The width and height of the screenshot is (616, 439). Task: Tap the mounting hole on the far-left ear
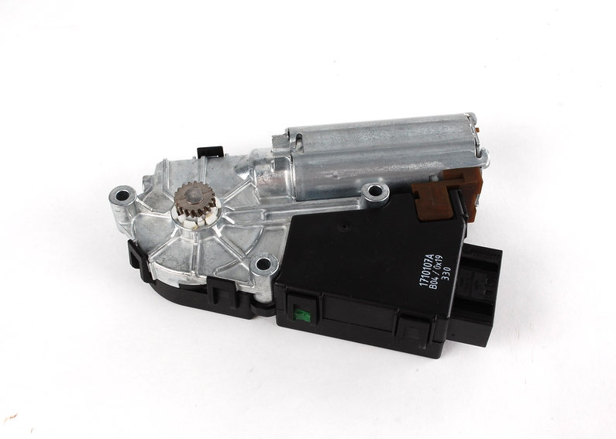point(122,195)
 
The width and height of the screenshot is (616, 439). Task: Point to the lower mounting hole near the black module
point(263,263)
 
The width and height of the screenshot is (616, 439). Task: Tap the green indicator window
point(304,314)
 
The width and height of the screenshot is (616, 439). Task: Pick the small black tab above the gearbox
point(208,151)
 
